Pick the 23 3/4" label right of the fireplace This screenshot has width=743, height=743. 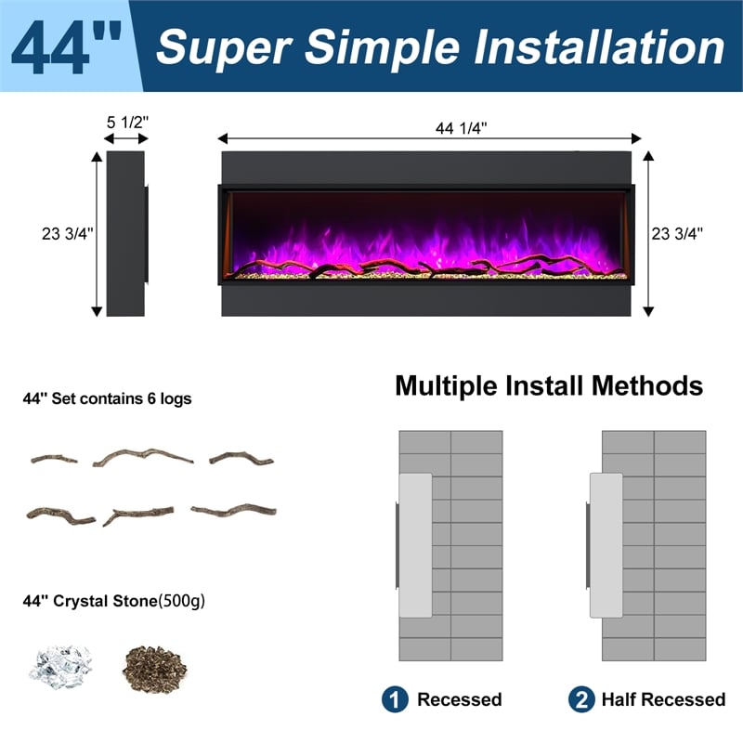(x=678, y=234)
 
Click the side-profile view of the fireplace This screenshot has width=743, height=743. (x=126, y=234)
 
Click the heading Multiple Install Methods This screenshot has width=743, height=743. (x=549, y=385)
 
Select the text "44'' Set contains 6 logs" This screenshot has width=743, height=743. (x=107, y=399)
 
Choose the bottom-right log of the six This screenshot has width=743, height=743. (x=233, y=510)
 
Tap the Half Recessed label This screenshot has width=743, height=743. (x=663, y=699)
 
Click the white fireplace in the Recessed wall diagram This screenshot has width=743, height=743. (x=416, y=545)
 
